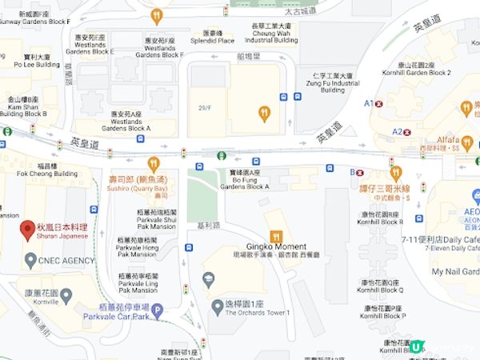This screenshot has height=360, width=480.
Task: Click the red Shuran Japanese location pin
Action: click(26, 229)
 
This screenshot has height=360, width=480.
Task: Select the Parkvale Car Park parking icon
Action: click(157, 310)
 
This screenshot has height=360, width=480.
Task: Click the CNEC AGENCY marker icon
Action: click(30, 260)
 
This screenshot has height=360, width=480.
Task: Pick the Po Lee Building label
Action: click(37, 61)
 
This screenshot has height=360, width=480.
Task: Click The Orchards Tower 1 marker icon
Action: click(217, 305)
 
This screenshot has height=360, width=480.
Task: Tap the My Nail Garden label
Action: click(456, 272)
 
